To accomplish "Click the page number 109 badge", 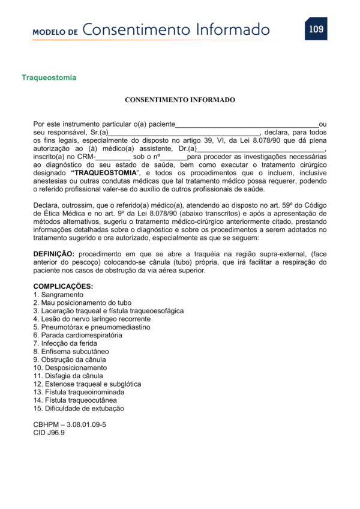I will tap(316, 29).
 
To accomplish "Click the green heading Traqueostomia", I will tap(49, 78).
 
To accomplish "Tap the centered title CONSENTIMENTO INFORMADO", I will tap(180, 100).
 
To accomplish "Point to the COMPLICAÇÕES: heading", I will tap(63, 286).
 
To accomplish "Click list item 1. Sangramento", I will tap(58, 295).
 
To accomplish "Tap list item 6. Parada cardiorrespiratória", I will tap(78, 335).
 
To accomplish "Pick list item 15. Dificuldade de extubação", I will tap(79, 408).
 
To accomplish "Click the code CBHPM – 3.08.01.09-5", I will tap(70, 424).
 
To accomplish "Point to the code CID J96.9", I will tap(49, 433).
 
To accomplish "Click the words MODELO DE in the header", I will tap(55, 32).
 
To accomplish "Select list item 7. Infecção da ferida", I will tap(69, 343).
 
